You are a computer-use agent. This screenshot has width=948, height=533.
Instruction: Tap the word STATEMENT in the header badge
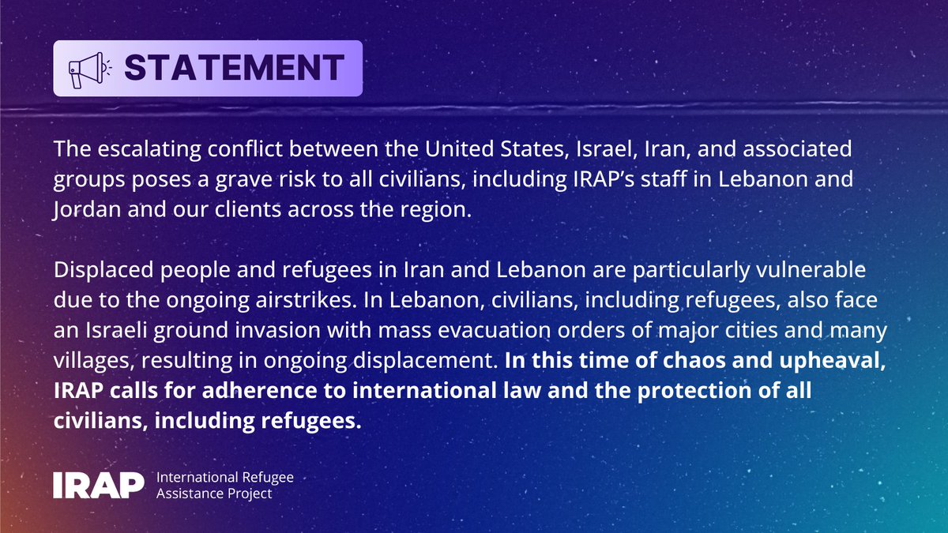[234, 68]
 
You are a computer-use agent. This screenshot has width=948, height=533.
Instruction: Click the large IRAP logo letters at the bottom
[99, 484]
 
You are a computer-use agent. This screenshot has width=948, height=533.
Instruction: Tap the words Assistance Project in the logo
[214, 494]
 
